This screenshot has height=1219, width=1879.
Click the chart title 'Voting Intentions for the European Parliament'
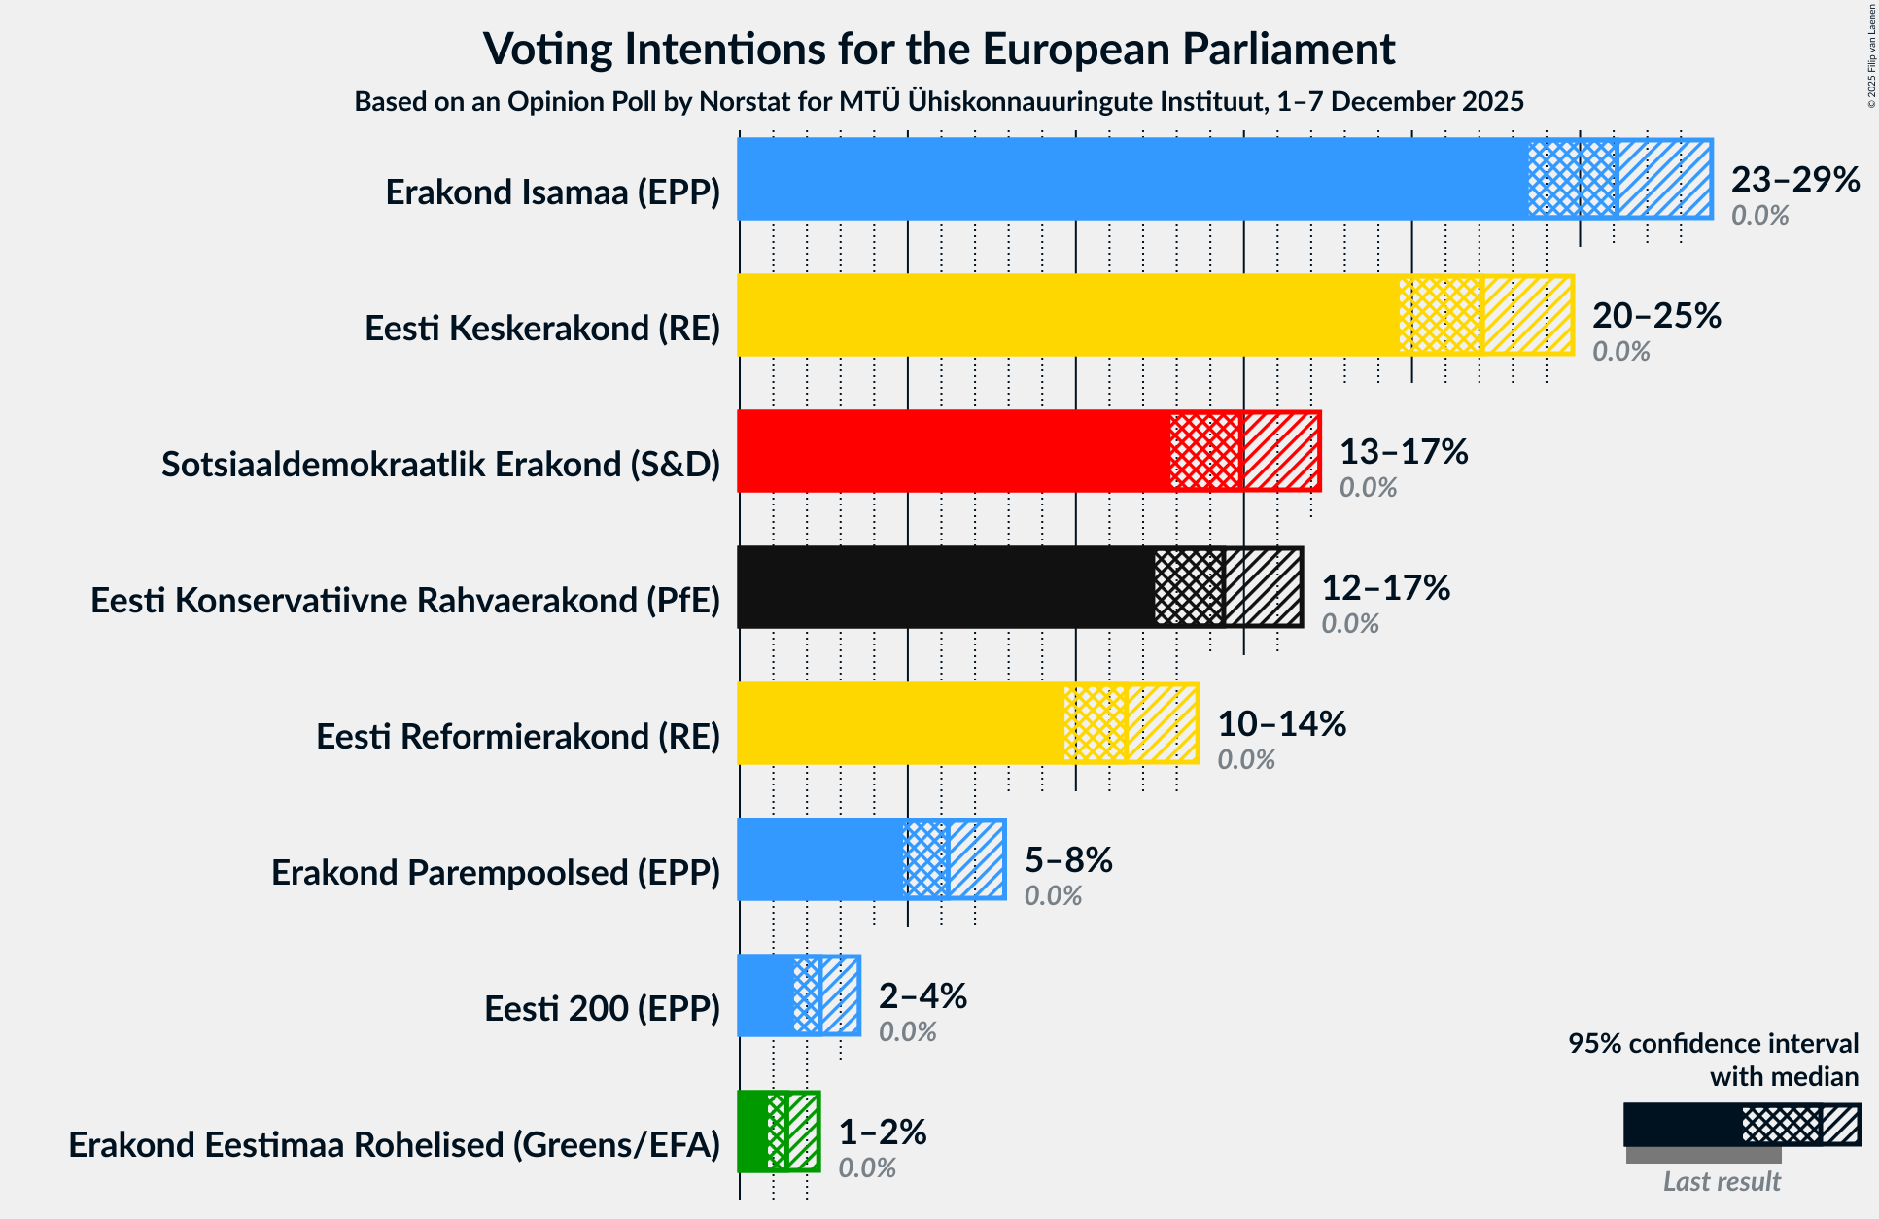pos(939,49)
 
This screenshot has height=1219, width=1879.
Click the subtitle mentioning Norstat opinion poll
pos(939,101)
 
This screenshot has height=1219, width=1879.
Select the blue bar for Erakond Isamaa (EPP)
pos(1128,179)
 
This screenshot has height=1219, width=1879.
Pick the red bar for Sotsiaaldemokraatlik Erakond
pos(953,451)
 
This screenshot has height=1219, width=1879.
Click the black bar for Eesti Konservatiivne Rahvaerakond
pos(943,587)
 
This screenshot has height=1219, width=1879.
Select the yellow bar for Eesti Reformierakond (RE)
pos(899,723)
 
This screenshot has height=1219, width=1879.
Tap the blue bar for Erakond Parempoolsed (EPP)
pos(821,859)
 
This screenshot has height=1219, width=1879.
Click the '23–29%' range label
pos(1795,179)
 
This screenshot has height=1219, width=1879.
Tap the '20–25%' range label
pos(1656,315)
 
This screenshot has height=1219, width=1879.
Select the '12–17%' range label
pos(1385,587)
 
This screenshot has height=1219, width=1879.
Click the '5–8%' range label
pos(1068,859)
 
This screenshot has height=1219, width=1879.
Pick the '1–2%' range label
pos(883,1132)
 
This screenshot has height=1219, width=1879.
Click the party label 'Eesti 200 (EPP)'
pos(602,1008)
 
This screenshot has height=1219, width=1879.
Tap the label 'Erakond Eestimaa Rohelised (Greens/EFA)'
pos(394,1144)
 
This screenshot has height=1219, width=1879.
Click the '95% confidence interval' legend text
pos(1713,1043)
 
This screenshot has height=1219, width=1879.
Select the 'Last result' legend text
pos(1722,1181)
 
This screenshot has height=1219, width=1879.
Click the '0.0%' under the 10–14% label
pos(1246,759)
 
